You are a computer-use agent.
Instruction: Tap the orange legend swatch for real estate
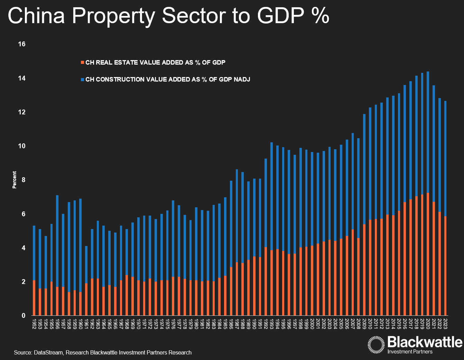coord(82,63)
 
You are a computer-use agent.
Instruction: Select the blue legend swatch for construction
coord(82,79)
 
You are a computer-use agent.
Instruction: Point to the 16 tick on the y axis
coord(22,44)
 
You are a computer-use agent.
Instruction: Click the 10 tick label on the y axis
coord(22,146)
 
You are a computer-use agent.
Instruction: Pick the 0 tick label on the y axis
coord(24,315)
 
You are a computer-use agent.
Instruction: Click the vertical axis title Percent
coord(15,180)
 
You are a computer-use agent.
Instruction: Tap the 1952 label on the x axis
coord(34,323)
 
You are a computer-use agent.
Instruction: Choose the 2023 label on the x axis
coord(445,323)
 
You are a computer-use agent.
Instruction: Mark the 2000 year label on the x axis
coord(312,323)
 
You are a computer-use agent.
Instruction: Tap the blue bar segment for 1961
coord(86,265)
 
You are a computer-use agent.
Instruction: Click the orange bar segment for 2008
coord(359,277)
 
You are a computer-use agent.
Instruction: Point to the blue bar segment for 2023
coord(445,159)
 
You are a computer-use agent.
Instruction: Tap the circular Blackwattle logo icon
coord(376,344)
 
